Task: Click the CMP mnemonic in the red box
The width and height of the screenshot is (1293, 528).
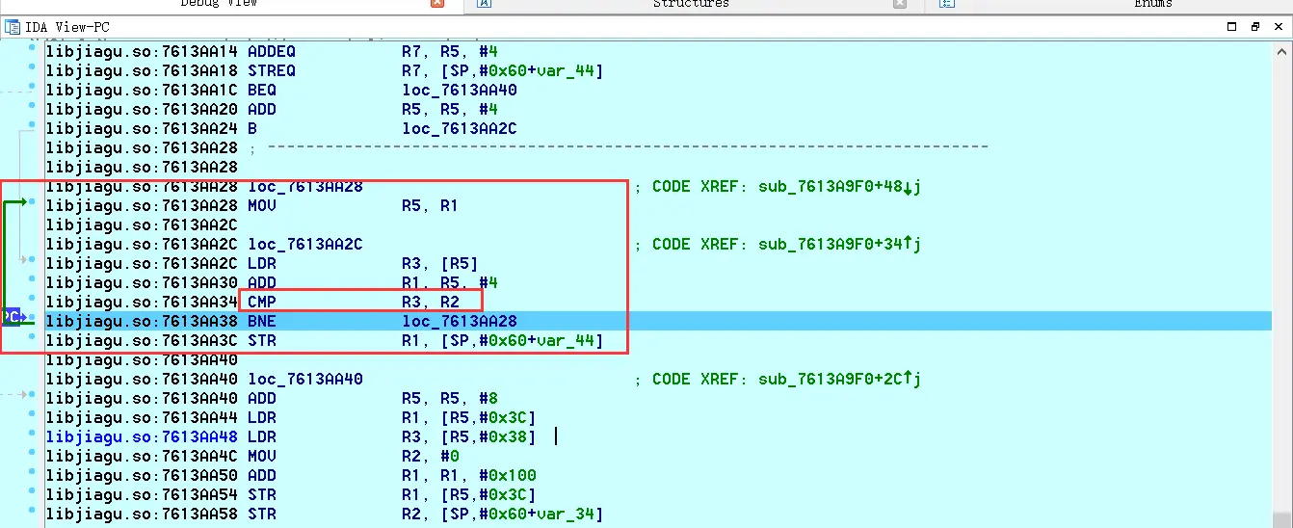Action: point(262,302)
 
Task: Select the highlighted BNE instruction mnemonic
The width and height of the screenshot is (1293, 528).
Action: point(262,321)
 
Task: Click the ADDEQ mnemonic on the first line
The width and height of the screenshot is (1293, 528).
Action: point(272,51)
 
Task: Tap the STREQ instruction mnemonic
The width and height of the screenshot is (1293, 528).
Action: point(272,70)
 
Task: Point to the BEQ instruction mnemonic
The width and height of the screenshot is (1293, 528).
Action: point(262,90)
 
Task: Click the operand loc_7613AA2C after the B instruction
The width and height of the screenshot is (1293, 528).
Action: point(460,128)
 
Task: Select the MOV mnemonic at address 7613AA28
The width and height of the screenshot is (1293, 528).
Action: point(262,205)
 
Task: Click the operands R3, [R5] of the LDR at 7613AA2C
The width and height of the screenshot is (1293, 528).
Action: point(440,263)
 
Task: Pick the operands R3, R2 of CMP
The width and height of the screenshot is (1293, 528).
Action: point(431,302)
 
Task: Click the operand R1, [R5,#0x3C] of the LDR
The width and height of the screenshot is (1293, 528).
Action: point(469,417)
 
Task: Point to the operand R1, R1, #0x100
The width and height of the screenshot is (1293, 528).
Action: point(469,475)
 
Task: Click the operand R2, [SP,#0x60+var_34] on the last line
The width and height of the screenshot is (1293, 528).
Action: point(502,514)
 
